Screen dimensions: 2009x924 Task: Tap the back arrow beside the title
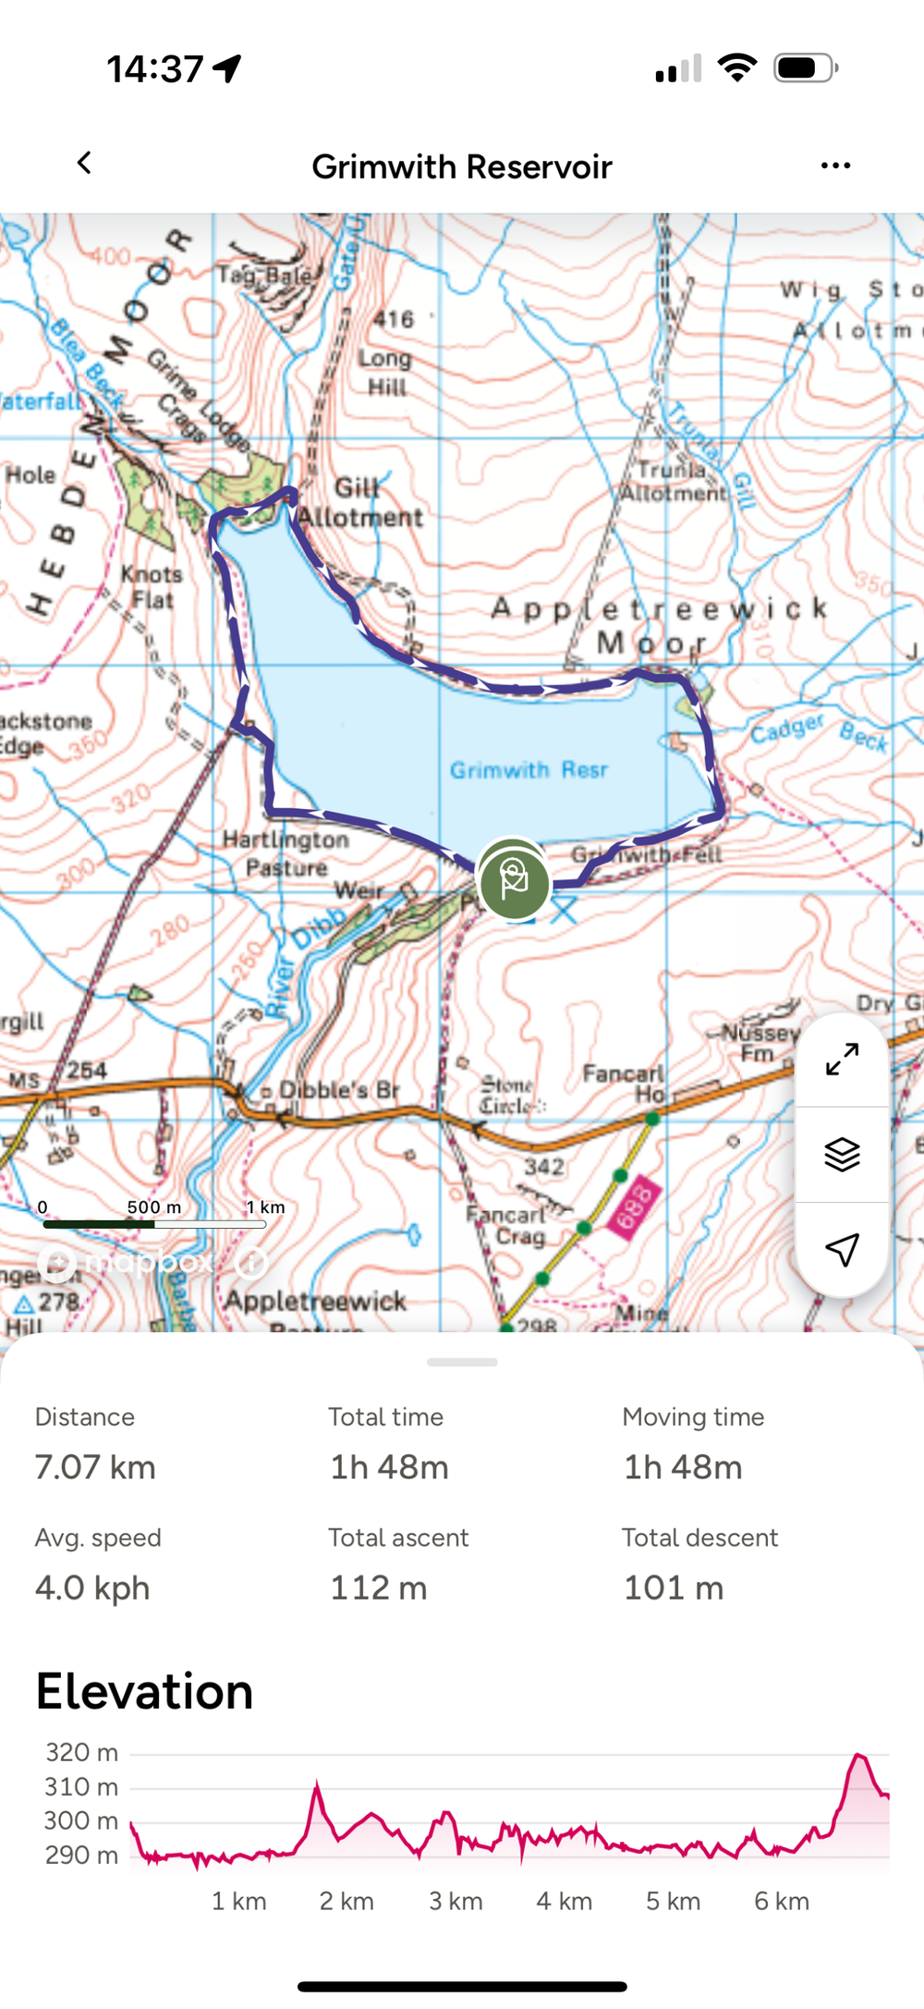[x=84, y=164]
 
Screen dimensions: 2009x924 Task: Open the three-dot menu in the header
[x=835, y=165]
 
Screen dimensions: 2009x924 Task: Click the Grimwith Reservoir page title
[x=461, y=167]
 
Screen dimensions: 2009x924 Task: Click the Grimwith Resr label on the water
[x=529, y=769]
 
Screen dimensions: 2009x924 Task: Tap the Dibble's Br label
[x=338, y=1090]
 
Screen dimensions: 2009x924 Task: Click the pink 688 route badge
[x=635, y=1207]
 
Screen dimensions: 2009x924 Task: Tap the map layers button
[x=842, y=1154]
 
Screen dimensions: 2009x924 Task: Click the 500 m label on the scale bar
[x=154, y=1207]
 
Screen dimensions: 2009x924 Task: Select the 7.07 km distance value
[x=95, y=1467]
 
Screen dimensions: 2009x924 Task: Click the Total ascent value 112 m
[x=379, y=1587]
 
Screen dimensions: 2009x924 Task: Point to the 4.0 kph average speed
[x=92, y=1587]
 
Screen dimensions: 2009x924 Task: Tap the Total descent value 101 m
[x=674, y=1587]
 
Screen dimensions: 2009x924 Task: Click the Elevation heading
[x=144, y=1691]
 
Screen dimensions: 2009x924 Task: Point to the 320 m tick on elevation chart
[x=82, y=1752]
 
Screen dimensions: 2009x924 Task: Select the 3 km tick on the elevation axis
[x=456, y=1901]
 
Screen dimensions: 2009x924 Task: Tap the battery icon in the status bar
[x=805, y=68]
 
